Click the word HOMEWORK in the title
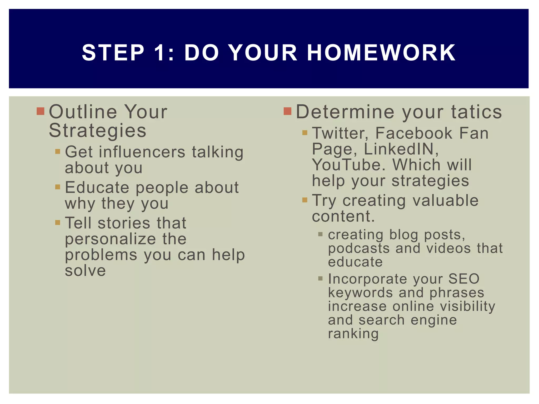coord(381,53)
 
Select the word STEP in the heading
coord(113,53)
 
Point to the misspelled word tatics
coord(477,112)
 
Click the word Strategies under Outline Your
coord(97,130)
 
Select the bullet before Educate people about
coord(58,187)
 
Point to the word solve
coord(85,271)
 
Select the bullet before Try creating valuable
coord(305,200)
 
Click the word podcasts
coord(359,248)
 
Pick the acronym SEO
coord(464,279)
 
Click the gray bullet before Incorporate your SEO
coord(320,279)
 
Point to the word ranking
coord(353,334)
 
